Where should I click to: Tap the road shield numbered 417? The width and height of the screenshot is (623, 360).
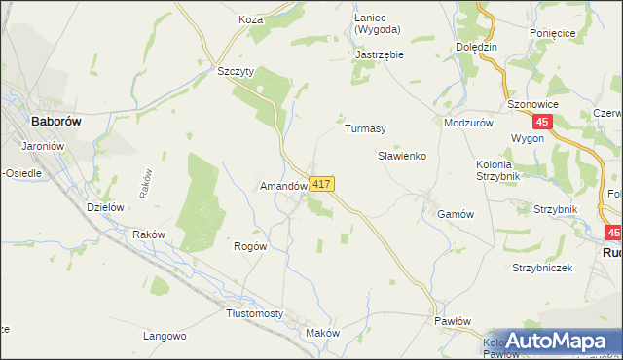(x=323, y=184)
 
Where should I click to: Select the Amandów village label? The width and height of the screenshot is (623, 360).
(x=283, y=185)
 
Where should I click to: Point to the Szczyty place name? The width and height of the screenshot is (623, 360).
(x=235, y=71)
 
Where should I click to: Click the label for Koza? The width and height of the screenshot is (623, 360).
(x=251, y=18)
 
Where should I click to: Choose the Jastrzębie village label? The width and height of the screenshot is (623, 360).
(x=380, y=55)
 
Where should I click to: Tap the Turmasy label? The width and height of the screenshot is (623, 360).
(x=366, y=128)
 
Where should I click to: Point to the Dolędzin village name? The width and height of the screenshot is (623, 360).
(x=476, y=47)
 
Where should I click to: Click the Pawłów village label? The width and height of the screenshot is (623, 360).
(x=452, y=321)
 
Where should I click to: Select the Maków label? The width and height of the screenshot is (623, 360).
(x=322, y=333)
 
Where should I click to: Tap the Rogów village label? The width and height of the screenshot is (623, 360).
(x=250, y=247)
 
